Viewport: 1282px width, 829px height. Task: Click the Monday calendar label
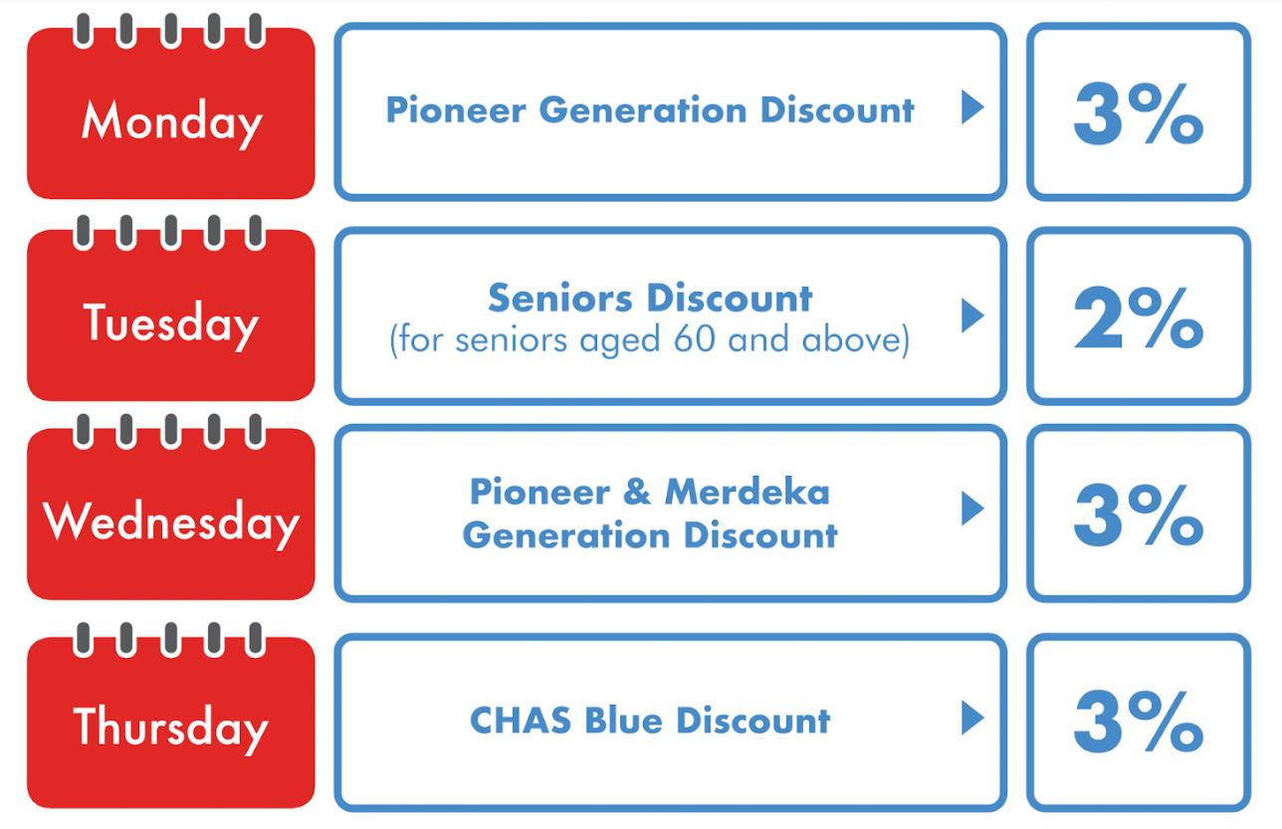(171, 121)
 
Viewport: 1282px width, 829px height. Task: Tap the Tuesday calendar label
(171, 323)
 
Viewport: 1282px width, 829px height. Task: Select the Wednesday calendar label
(171, 521)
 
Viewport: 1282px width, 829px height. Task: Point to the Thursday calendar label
(171, 727)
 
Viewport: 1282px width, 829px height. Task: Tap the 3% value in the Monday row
(1138, 113)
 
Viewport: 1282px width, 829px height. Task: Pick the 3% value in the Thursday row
(1138, 721)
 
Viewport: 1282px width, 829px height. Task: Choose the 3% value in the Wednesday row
(1138, 514)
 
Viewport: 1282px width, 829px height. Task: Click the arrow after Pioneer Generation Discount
(972, 107)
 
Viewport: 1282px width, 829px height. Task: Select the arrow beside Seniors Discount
(972, 315)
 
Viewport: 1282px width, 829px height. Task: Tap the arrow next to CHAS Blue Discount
(972, 718)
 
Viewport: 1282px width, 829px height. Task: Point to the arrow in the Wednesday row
(972, 508)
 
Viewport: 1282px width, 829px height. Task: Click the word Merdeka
(748, 492)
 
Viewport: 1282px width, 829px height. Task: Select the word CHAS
(521, 720)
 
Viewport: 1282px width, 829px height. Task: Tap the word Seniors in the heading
(560, 299)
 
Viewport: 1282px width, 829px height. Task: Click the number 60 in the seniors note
(694, 338)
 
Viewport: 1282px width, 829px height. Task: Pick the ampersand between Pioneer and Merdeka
(637, 492)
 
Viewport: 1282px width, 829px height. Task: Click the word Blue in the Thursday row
(624, 720)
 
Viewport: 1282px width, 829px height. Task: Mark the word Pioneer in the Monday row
(456, 109)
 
